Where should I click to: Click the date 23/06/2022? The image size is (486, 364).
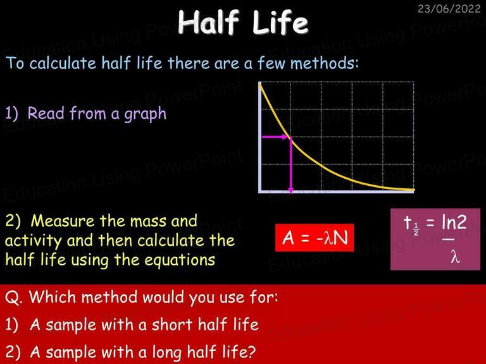coord(449,8)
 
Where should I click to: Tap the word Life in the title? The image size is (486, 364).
coord(280,23)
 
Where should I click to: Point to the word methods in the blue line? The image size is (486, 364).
coord(324,63)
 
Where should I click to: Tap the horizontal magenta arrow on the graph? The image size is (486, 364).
coord(275,136)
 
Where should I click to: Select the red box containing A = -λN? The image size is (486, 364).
coord(315,238)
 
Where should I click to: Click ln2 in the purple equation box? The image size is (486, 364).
coord(454,222)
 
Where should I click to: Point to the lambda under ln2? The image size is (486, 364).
coord(455,257)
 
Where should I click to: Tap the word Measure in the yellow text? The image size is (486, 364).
coord(63,221)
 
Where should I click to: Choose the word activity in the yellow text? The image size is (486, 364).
coord(34,241)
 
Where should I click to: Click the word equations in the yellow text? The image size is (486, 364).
coord(180,260)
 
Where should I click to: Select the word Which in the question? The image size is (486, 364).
coord(53,297)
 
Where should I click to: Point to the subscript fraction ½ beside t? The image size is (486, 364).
coord(416,229)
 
